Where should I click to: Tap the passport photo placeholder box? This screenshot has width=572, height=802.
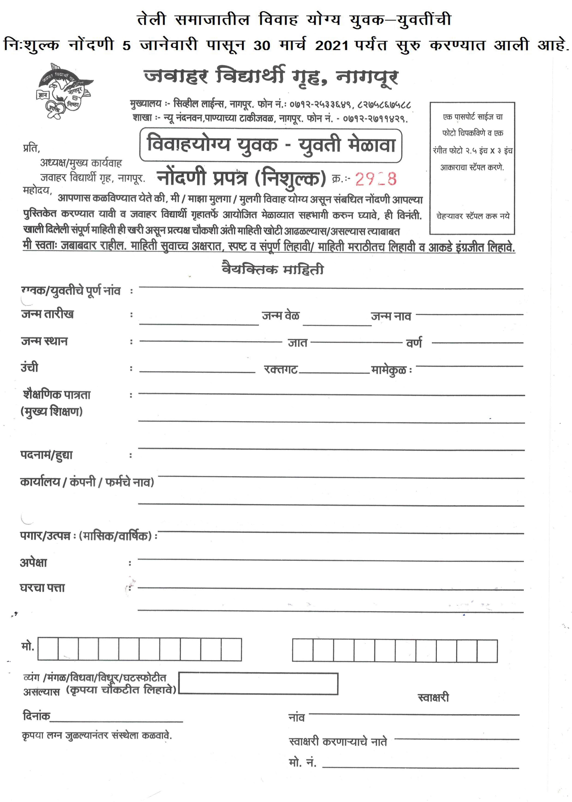(x=472, y=168)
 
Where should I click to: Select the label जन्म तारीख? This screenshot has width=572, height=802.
(x=47, y=314)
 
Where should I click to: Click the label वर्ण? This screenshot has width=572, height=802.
(x=414, y=343)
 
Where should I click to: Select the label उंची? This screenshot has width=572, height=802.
(x=30, y=367)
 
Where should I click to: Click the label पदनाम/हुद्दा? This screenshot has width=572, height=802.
(x=46, y=455)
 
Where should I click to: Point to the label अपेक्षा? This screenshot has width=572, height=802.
(x=33, y=563)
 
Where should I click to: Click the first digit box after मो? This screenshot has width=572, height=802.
(x=48, y=649)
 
